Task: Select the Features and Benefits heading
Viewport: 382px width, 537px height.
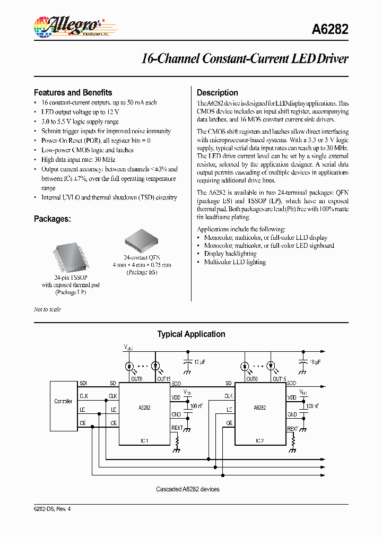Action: pos(73,92)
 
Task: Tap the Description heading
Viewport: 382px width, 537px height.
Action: pos(217,92)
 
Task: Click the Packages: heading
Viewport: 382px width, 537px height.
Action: pos(53,219)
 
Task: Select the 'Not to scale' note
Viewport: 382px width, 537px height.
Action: pos(47,309)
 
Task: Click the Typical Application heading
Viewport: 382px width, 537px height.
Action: pos(191,334)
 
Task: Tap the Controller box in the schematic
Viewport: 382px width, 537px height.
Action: pos(64,402)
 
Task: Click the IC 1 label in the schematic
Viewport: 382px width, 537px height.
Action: pos(144,441)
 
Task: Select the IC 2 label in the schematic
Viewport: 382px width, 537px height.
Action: pos(260,441)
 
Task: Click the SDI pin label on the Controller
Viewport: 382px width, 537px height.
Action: pos(84,383)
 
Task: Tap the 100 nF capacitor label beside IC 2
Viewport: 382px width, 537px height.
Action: pos(312,406)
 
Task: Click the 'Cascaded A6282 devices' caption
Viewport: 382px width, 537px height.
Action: pos(187,489)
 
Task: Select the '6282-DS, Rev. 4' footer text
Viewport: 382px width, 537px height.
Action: pos(52,509)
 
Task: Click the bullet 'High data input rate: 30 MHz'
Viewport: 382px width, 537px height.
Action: pos(78,160)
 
